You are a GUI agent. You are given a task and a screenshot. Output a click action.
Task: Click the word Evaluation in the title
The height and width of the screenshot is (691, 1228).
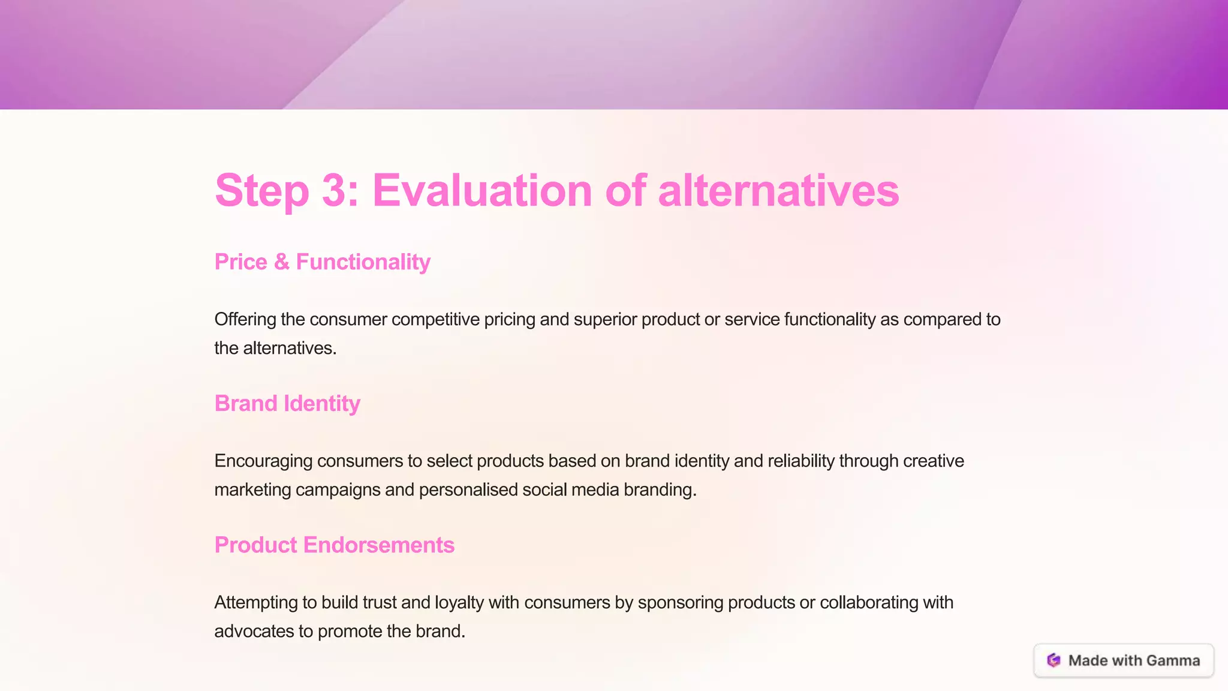coord(482,191)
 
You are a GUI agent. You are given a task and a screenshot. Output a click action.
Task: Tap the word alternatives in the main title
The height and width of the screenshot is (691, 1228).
coord(778,191)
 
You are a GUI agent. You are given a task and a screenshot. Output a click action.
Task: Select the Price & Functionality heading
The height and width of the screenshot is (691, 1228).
coord(322,262)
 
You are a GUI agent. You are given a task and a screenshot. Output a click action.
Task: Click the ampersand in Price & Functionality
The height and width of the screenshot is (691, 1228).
coord(281,262)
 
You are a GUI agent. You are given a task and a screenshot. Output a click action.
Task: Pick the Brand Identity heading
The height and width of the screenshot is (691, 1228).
coord(287,404)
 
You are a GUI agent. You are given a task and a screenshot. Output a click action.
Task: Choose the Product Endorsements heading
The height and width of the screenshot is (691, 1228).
coord(334,545)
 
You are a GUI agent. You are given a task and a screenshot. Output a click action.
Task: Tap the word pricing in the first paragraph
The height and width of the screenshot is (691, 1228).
coord(509,320)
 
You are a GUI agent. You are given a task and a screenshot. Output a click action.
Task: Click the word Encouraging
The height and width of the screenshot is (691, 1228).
coord(263,461)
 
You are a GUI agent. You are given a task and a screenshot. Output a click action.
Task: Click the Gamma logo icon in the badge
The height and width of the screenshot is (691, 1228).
coord(1054,660)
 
